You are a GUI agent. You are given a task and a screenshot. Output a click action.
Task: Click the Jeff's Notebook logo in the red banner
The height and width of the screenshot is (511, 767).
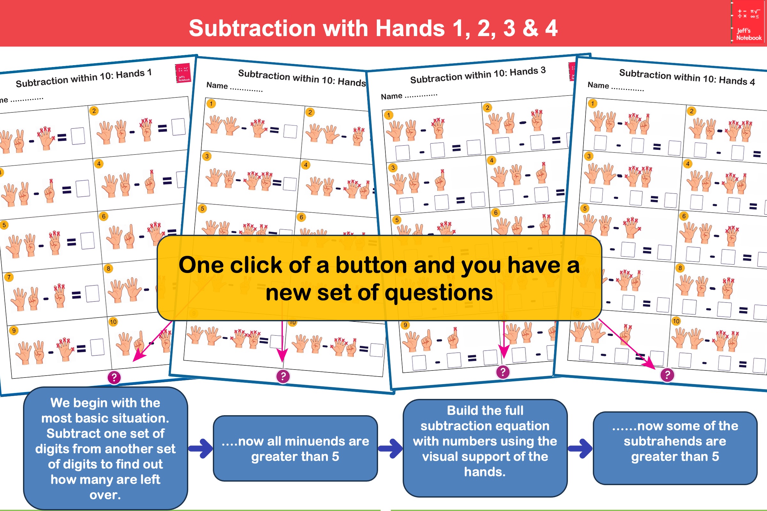pyautogui.click(x=749, y=22)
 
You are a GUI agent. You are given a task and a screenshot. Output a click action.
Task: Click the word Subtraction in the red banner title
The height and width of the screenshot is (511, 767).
pyautogui.click(x=252, y=28)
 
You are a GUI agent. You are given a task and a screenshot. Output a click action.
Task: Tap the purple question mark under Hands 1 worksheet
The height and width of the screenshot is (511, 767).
pyautogui.click(x=114, y=378)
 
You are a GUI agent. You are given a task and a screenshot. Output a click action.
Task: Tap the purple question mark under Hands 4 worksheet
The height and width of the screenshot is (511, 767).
pyautogui.click(x=667, y=375)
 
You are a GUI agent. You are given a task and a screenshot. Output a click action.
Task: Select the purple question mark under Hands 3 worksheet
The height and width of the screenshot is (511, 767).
pyautogui.click(x=503, y=372)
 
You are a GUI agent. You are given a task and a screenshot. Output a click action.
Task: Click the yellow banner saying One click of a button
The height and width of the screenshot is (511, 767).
pyautogui.click(x=379, y=278)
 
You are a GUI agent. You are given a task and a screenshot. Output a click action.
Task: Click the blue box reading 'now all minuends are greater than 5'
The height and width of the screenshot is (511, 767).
pyautogui.click(x=295, y=448)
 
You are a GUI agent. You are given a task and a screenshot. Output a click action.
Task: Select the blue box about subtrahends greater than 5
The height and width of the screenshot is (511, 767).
pyautogui.click(x=675, y=448)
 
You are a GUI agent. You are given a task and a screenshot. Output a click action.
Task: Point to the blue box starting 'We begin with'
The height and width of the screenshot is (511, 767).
pyautogui.click(x=105, y=448)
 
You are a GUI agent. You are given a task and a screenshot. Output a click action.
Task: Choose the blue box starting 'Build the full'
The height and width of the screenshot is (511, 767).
pyautogui.click(x=485, y=448)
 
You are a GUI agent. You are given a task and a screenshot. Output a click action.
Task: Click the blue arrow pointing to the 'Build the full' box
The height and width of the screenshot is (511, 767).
pyautogui.click(x=390, y=448)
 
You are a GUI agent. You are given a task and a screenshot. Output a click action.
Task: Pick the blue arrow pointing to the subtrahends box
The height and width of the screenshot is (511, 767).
pyautogui.click(x=580, y=448)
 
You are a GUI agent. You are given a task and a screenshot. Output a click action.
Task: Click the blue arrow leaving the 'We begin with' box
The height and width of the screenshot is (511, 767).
pyautogui.click(x=201, y=448)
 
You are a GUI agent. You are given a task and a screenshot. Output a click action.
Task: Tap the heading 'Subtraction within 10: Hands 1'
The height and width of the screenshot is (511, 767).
pyautogui.click(x=84, y=78)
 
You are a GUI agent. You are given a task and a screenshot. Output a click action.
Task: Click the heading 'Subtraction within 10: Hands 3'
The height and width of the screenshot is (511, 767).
pyautogui.click(x=478, y=75)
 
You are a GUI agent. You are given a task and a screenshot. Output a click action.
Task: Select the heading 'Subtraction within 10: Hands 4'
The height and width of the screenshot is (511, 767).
pyautogui.click(x=687, y=77)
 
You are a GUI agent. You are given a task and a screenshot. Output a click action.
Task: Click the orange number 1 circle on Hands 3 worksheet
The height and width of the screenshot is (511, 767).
pyautogui.click(x=388, y=115)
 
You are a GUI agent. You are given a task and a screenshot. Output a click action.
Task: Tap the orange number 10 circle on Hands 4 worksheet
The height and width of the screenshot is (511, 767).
pyautogui.click(x=676, y=321)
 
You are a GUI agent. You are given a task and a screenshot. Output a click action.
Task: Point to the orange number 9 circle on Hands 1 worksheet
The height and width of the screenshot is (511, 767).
pyautogui.click(x=14, y=331)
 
